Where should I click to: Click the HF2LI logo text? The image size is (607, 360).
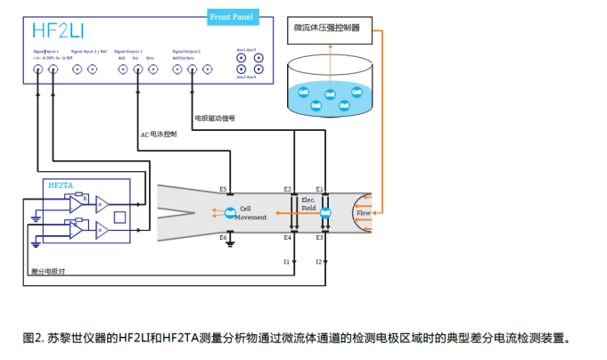60,30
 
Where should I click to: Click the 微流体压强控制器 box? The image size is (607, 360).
327,28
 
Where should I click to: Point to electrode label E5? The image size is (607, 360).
223,190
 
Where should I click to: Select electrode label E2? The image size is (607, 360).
287,190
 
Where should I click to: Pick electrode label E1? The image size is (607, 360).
319,190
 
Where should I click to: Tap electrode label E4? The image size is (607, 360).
287,238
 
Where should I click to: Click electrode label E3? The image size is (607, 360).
319,238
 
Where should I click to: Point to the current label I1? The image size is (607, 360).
287,262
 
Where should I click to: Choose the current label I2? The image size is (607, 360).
318,262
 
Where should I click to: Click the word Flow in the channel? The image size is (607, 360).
364,214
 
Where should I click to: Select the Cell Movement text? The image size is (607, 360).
250,213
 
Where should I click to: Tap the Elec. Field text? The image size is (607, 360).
308,204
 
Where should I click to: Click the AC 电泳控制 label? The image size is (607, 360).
159,135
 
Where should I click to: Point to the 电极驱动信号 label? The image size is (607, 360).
214,118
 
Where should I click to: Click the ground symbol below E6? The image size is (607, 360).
230,241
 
